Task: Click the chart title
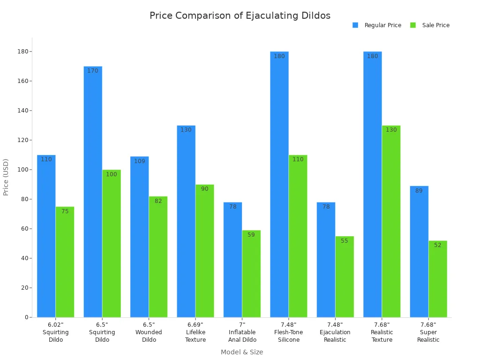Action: (240, 16)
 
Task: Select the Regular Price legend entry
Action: (377, 25)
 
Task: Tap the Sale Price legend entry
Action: (430, 25)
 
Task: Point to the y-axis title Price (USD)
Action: (6, 177)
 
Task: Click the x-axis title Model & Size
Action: (242, 352)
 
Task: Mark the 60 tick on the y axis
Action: (24, 229)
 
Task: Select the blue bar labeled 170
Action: (93, 192)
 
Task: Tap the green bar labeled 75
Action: (65, 262)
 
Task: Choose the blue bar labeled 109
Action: (139, 237)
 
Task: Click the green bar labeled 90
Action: (204, 251)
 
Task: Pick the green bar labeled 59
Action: (251, 274)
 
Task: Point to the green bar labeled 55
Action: (345, 277)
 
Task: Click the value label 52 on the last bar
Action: (437, 245)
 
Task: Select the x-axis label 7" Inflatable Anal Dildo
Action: (242, 332)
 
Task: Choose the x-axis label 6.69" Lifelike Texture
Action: (195, 332)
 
